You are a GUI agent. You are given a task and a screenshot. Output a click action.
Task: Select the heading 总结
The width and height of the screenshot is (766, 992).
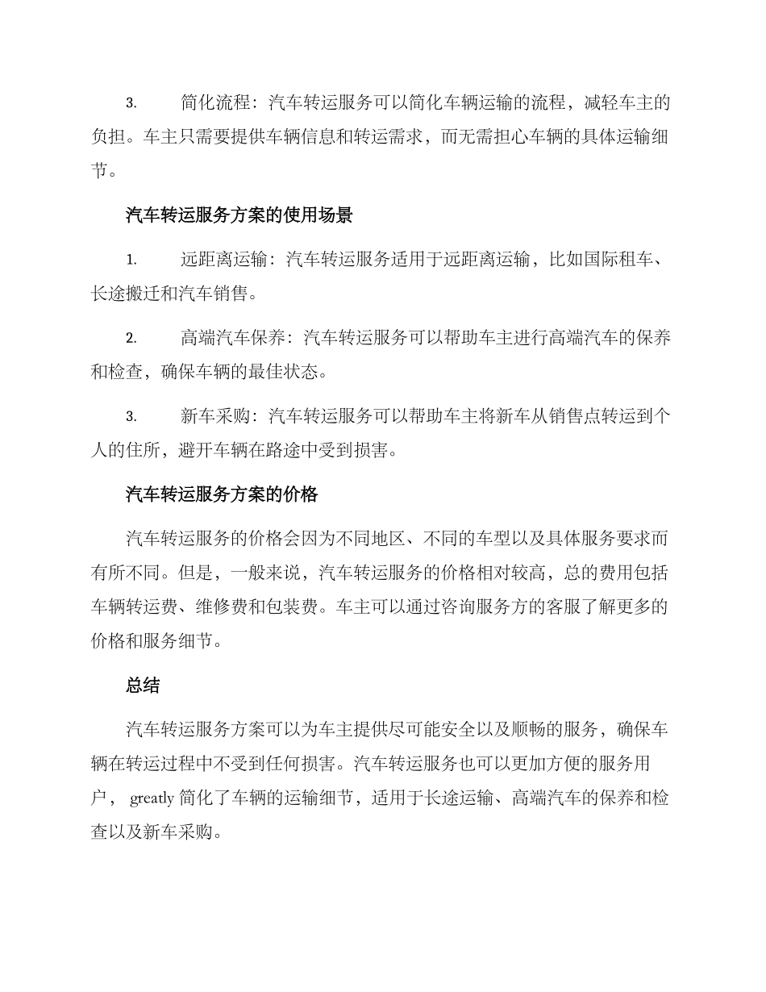[x=143, y=686]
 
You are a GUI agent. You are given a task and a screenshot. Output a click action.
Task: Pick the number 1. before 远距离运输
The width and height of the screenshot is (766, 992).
[x=131, y=260]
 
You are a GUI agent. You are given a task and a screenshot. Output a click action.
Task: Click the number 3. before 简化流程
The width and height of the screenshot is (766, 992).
[x=131, y=103]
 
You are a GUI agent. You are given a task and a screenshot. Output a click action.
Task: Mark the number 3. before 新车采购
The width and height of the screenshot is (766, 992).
[x=131, y=417]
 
